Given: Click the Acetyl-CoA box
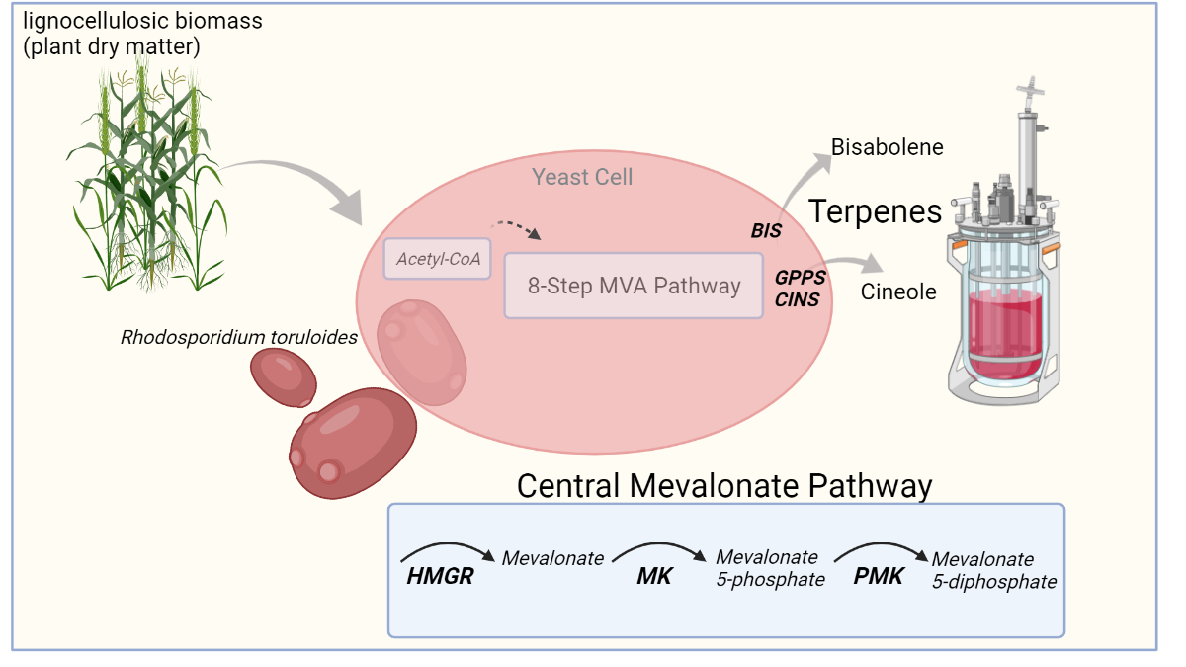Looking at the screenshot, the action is click(x=437, y=259).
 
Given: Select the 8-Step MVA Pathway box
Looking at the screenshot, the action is click(x=634, y=286).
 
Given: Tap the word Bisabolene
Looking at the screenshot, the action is click(x=887, y=147).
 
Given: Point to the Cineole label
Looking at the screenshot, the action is click(x=898, y=292).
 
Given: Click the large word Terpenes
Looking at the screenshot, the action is click(x=875, y=211).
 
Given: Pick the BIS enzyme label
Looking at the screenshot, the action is click(x=766, y=231).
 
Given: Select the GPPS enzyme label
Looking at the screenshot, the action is click(x=800, y=278).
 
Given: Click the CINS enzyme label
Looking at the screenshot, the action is click(x=797, y=299).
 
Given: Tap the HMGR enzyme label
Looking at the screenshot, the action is click(x=440, y=576).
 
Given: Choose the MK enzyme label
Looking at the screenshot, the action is click(x=654, y=576).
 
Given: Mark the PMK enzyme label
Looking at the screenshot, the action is click(x=878, y=576).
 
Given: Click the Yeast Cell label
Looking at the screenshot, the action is click(x=582, y=177).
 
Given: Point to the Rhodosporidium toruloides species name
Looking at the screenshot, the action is click(x=239, y=337).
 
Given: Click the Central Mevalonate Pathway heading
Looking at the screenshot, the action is click(x=724, y=485).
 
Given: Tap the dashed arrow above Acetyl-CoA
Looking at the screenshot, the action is click(x=516, y=227).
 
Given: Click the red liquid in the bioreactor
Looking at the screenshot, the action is click(x=1004, y=334).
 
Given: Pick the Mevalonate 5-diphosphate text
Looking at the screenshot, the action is click(x=994, y=571).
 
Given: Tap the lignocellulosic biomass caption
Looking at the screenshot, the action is click(x=142, y=34).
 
